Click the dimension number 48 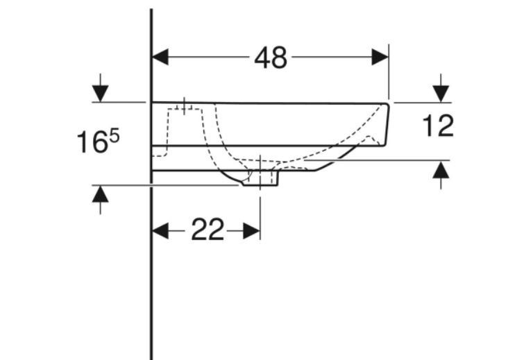coord(271,58)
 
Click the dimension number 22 coord(208,230)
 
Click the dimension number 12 coord(438,126)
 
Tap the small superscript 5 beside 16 coord(114,136)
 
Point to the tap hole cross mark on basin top coord(185,105)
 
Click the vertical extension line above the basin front coord(389,73)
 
